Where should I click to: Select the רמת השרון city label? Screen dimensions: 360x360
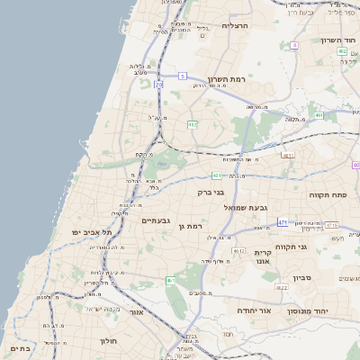(225, 79)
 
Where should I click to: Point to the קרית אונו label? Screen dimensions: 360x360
(263, 256)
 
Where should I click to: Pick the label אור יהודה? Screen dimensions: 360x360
(255, 310)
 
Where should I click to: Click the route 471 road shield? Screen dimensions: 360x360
(283, 221)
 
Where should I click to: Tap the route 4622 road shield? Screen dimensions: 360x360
(282, 287)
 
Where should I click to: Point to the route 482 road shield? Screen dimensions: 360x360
(342, 51)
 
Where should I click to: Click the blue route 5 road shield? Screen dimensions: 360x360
(182, 76)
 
